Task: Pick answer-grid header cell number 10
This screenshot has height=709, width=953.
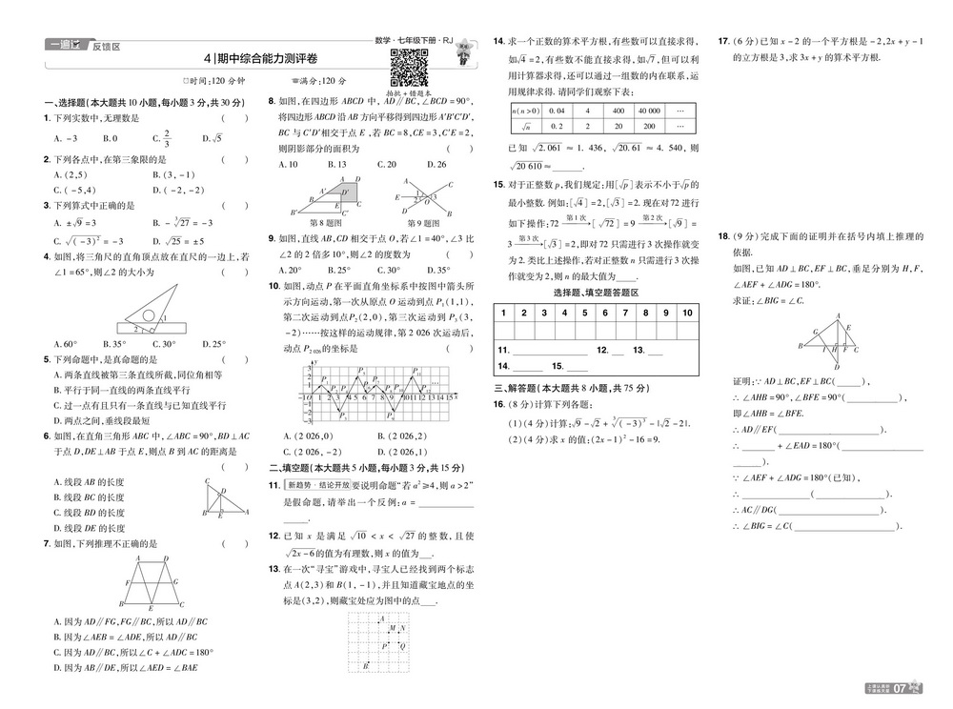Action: tap(687, 313)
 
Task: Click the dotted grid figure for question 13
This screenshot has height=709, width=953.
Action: tap(381, 642)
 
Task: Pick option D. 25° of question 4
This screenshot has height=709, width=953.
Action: tap(217, 344)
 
